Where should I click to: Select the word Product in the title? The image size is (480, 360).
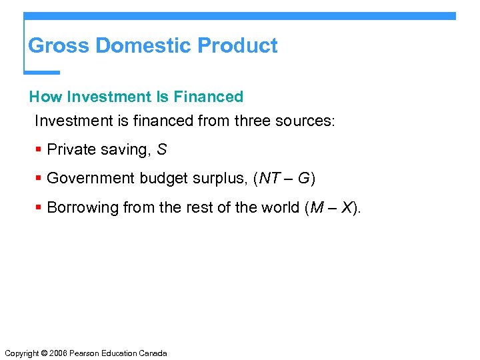tap(238, 46)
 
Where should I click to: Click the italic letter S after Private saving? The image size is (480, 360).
tap(162, 150)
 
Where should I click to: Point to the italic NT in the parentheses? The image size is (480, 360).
tap(270, 179)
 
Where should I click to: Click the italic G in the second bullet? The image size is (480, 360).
tap(303, 179)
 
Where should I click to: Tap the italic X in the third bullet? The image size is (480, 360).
tap(347, 208)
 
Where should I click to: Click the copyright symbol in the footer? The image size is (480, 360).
tap(46, 353)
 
